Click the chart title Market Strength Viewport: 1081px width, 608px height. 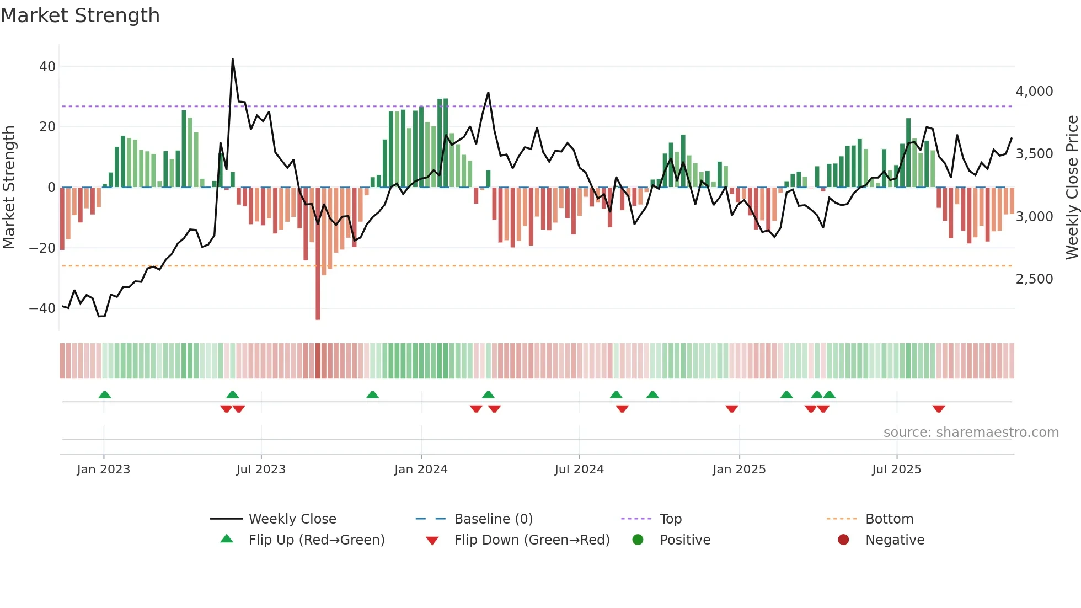pos(80,15)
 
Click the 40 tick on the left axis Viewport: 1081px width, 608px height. pos(47,67)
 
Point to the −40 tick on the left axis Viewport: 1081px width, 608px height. pos(43,308)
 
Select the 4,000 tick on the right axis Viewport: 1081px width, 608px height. pos(1034,92)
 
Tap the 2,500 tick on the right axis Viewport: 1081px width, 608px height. pos(1034,279)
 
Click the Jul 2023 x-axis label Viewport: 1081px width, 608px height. pos(261,470)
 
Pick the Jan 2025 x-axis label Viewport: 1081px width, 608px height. pos(739,470)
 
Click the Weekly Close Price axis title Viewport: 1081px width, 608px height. pos(1072,188)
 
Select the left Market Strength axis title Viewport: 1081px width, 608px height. pos(9,188)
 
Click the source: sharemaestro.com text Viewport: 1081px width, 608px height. pos(971,433)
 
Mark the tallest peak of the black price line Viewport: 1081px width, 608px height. pos(233,60)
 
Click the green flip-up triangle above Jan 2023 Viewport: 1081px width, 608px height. pos(104,394)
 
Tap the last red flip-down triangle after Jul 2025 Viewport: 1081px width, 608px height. pos(939,409)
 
